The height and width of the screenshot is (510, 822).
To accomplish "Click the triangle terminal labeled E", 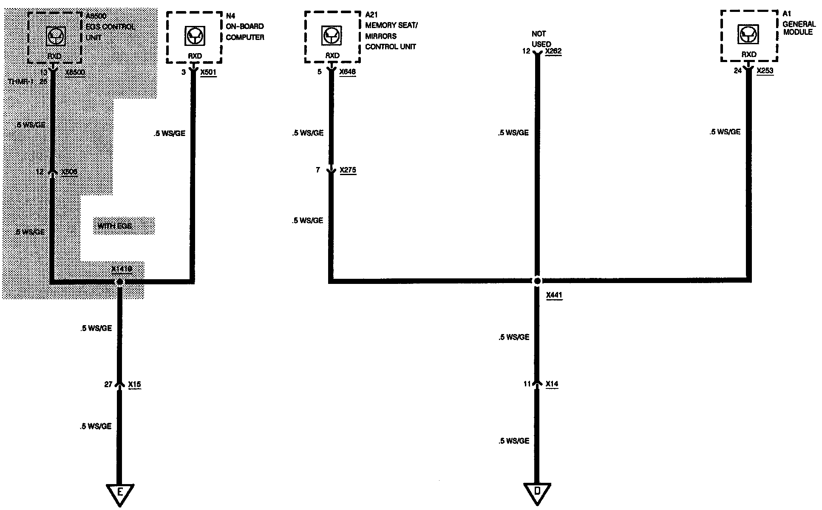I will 120,493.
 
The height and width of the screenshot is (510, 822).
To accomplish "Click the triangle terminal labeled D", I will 537,492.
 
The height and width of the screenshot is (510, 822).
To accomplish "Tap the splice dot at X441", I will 537,281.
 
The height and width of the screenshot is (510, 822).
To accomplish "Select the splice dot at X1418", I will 120,281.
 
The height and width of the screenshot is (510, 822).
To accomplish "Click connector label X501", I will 208,72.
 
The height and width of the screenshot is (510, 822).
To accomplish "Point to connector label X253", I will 765,71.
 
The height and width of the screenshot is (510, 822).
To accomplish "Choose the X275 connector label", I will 348,170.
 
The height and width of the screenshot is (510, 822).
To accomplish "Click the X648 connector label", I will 347,72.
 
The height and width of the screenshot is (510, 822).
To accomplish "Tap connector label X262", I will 553,51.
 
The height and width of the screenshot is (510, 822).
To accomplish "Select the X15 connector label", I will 134,385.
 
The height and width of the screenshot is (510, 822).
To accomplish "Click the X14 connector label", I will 552,384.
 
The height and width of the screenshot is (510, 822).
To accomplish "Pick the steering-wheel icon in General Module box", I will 749,35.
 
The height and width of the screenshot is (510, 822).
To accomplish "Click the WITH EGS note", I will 115,226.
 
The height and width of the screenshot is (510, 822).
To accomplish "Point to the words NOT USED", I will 541,39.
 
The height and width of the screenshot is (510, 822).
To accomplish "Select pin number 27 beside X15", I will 108,385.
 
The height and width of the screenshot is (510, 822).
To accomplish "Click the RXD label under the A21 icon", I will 332,56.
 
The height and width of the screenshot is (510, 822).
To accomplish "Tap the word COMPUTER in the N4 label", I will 245,37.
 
